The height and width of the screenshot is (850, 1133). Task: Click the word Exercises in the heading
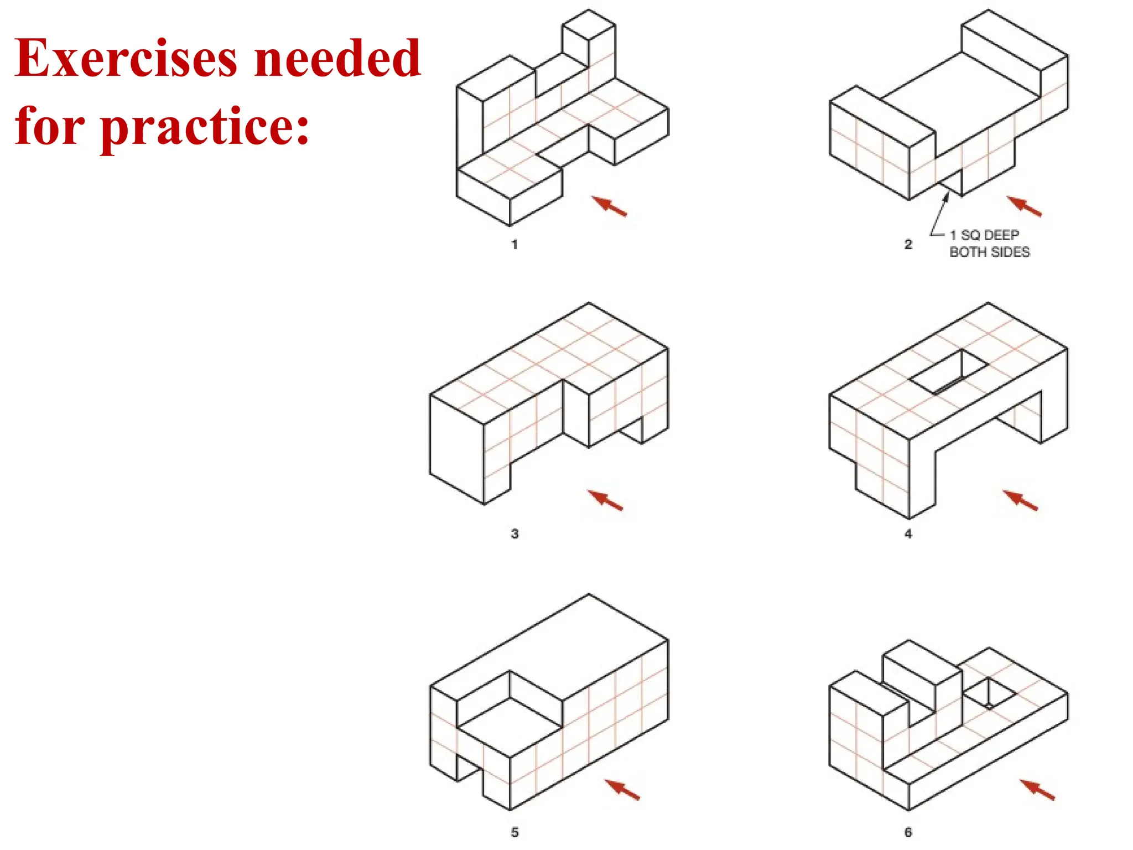click(x=126, y=59)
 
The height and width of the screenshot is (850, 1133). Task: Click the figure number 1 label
click(x=514, y=244)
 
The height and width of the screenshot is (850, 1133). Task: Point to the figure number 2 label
click(x=908, y=244)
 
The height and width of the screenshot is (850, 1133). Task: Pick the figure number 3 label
click(x=514, y=533)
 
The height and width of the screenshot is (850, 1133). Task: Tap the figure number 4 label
click(x=908, y=533)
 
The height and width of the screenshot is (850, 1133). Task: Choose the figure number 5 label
click(x=514, y=832)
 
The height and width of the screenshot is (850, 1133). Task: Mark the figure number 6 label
click(x=908, y=832)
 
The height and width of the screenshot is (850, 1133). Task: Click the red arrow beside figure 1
click(x=609, y=206)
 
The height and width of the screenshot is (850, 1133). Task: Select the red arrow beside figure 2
click(x=1024, y=206)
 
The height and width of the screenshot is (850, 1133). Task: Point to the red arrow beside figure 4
click(x=1021, y=499)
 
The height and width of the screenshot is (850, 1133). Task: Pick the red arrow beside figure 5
click(x=622, y=789)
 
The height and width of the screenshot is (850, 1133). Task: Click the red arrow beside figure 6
click(x=1037, y=789)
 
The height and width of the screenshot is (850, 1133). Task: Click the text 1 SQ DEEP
click(x=984, y=235)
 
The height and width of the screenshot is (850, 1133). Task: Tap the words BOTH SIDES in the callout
click(x=989, y=252)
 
